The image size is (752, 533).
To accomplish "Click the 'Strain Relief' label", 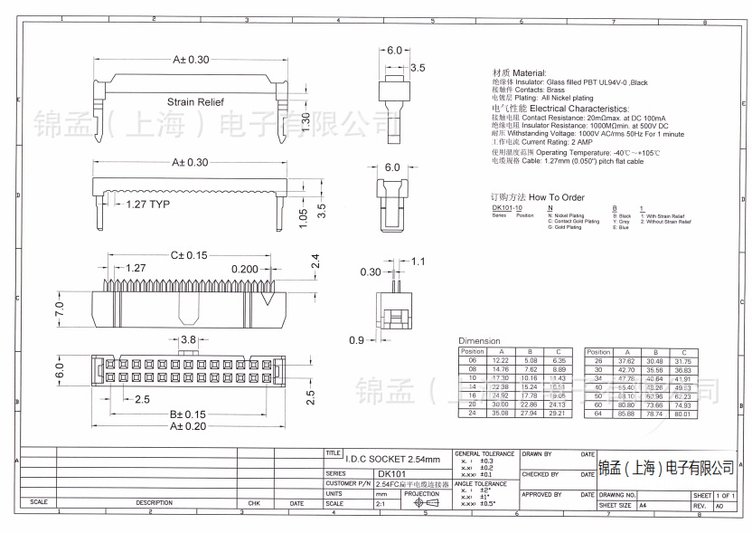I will click(194, 103).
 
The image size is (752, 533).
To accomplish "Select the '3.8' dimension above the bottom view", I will click(188, 339).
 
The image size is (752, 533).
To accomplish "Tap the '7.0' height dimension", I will click(60, 309).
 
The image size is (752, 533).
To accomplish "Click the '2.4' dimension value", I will click(315, 262).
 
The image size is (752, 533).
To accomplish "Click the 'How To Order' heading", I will click(556, 197).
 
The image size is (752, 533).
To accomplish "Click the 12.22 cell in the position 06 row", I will click(500, 360).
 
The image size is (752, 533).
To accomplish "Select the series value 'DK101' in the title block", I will click(392, 473).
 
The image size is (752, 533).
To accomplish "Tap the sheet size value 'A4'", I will click(643, 507).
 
